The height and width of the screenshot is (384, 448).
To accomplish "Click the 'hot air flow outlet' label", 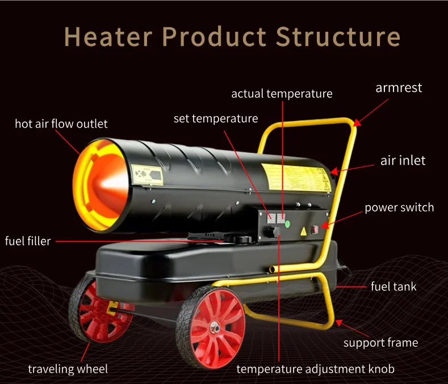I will coord(61,124).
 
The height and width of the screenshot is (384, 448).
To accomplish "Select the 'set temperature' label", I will coord(215,119).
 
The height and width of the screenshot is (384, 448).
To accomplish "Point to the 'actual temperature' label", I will coord(282,94).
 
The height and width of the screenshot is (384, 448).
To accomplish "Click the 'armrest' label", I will coord(399,88).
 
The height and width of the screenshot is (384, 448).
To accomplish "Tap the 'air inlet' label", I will coord(403,161).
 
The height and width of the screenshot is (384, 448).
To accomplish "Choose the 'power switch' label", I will coord(399,208).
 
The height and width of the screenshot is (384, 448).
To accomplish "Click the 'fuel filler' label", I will coord(28,241).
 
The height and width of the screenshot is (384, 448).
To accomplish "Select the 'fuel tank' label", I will coord(393,286).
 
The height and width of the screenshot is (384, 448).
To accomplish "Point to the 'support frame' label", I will coord(380,343).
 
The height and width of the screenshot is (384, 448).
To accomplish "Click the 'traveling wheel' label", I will coord(68,369).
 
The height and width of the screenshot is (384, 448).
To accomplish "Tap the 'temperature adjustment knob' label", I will coord(315,369).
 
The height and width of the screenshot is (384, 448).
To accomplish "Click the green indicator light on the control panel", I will coord(287,223).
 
